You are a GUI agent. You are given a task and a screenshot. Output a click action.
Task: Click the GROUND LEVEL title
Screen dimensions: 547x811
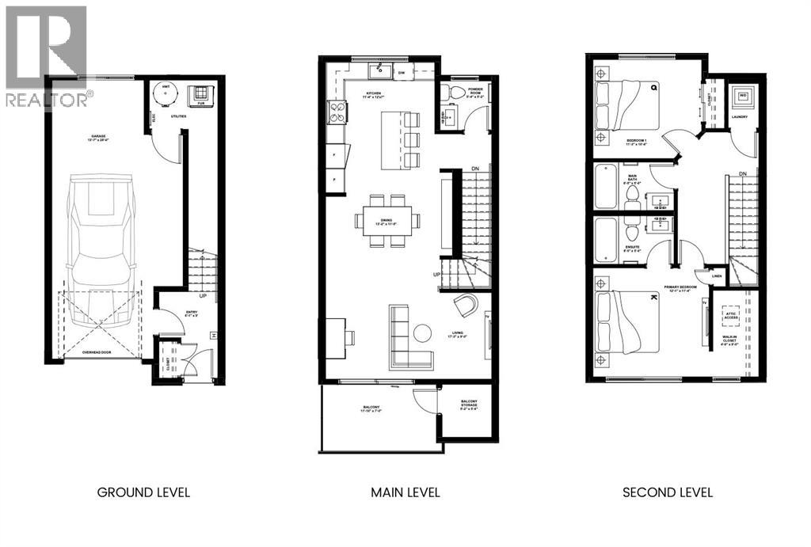[x=143, y=492]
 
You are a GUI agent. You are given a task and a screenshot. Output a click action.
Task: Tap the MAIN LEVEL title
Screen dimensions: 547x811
[x=405, y=492]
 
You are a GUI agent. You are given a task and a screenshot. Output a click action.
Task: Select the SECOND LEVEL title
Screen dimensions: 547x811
[x=668, y=492]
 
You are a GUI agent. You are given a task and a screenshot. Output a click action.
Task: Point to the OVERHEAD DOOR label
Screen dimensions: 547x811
[x=99, y=355]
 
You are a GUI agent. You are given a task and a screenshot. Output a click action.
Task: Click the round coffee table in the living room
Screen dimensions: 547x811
[x=422, y=332]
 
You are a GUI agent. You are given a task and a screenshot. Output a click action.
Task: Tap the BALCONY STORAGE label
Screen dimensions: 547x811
[x=469, y=406]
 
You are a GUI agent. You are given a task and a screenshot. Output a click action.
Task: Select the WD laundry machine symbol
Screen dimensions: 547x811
[x=743, y=97]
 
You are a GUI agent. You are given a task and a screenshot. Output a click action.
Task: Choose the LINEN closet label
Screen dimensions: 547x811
[x=717, y=275]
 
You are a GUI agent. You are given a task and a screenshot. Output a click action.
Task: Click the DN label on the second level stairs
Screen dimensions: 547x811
[x=742, y=173]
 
